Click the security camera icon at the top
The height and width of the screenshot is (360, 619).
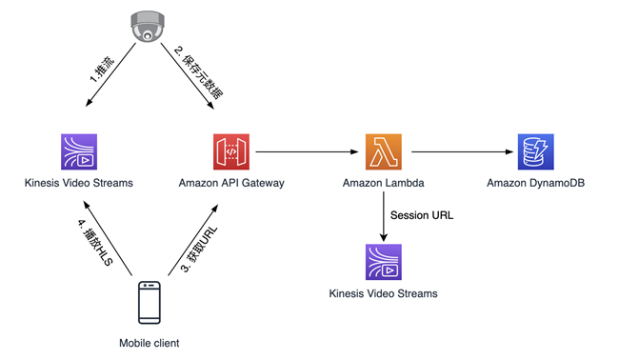point(146,27)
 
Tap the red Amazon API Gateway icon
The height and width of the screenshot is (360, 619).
point(230,151)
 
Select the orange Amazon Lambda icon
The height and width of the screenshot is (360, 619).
point(383,151)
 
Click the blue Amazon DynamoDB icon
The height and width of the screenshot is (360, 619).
point(535,151)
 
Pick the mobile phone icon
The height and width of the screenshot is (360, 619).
point(149,303)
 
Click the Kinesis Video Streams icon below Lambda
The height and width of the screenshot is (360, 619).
point(383,262)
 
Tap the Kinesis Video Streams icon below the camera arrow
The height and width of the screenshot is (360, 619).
point(79,151)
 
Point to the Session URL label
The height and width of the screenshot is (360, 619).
point(422,215)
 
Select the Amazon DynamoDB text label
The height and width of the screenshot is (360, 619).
point(535,182)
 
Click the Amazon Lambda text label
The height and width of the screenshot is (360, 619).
point(383,182)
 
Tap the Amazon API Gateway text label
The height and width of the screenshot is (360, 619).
point(230,182)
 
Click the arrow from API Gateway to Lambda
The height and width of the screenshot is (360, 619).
point(307,151)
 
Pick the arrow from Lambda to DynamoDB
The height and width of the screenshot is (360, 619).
point(459,151)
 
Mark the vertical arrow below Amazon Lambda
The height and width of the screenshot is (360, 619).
point(383,215)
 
